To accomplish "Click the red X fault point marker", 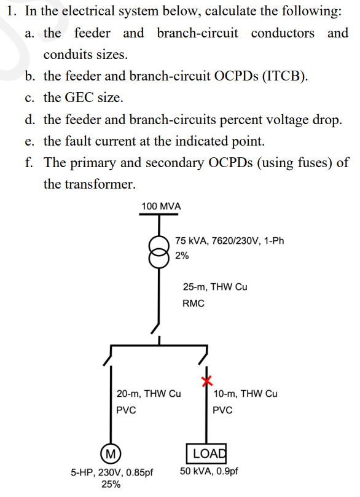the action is pos(207,381).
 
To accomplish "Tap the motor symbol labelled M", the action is pos(111,453).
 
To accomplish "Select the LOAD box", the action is pos(206,453).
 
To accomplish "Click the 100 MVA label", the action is pos(161,206).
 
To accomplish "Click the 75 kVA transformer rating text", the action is pos(230,241).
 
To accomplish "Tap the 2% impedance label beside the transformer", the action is pos(182,256).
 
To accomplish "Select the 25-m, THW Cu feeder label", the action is pos(215,287).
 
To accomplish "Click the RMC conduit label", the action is pos(194,303).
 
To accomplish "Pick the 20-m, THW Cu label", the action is pos(149,394).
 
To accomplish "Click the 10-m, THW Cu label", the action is pos(245,394).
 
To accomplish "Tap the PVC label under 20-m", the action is pos(126,410).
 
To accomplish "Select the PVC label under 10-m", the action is pos(222,410).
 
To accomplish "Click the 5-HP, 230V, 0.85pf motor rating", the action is pos(112,472).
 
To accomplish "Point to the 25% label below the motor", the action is pos(111,484).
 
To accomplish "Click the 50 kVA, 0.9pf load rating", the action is pos(209,471).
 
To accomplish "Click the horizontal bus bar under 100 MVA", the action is pos(158,214).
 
